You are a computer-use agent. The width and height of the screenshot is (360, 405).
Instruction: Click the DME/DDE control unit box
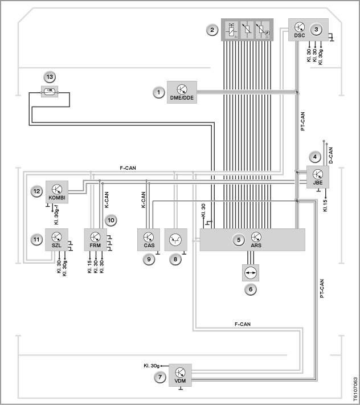182,92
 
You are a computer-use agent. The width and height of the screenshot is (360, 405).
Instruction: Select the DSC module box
308,30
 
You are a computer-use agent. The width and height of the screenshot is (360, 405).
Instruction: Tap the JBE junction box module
318,177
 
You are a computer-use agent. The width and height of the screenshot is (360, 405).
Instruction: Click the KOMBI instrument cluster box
57,192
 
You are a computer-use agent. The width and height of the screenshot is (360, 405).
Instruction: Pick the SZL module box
56,240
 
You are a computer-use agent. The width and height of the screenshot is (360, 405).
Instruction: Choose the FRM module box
95,240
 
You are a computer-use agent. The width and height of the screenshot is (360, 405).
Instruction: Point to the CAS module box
149,240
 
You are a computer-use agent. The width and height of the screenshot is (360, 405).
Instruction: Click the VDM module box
180,375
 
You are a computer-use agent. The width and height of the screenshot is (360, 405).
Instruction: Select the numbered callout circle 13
50,77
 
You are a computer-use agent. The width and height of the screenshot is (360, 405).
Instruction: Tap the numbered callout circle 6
251,289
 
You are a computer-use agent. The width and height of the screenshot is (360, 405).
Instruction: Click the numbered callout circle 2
212,30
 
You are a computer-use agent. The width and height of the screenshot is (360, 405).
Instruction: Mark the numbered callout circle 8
175,259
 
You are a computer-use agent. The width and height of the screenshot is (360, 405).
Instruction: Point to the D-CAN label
331,156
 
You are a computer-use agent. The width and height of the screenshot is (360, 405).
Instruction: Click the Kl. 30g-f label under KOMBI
56,215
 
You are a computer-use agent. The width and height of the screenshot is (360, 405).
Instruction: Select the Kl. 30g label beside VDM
152,366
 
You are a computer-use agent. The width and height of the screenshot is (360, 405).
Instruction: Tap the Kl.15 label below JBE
325,206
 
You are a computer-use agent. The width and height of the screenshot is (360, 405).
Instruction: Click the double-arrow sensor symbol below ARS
251,273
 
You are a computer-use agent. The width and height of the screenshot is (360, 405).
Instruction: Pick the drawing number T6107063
355,388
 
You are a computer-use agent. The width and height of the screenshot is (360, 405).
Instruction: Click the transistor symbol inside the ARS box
256,237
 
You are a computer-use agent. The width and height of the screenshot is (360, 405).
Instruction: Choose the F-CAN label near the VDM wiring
243,324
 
